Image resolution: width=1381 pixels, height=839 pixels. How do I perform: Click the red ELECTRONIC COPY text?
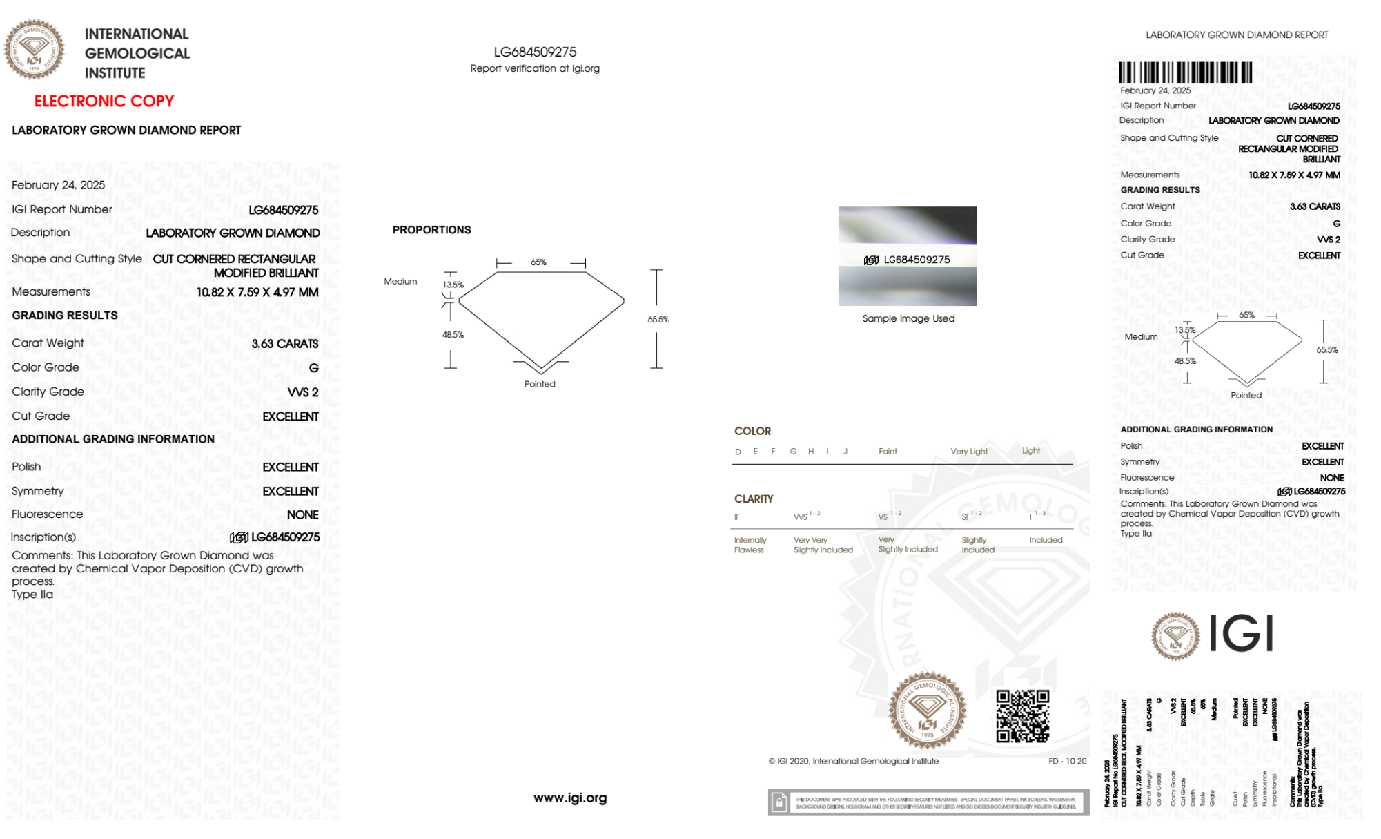[x=104, y=101]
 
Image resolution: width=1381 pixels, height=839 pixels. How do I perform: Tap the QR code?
[x=1022, y=716]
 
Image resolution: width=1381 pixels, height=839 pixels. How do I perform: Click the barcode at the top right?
[x=1185, y=73]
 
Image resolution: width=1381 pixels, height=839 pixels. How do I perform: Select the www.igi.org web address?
[x=570, y=798]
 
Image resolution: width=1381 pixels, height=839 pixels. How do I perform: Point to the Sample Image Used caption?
[x=908, y=318]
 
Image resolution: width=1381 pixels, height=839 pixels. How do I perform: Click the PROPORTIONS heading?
[x=431, y=230]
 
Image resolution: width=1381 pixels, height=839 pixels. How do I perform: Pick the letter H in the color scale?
[x=811, y=452]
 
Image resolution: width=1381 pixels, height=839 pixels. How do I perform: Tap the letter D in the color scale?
[x=738, y=452]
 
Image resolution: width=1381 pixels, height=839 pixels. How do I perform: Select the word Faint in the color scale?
[x=888, y=452]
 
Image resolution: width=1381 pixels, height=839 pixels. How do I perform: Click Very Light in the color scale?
[x=969, y=452]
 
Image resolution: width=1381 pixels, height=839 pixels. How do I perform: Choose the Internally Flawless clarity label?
[x=750, y=545]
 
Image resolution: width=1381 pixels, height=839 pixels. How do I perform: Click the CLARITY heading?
[x=754, y=499]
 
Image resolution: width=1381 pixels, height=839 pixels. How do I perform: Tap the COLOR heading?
[x=752, y=431]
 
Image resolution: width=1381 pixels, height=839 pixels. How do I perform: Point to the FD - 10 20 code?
[x=1067, y=761]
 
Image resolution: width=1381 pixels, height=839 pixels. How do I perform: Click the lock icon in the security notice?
[x=779, y=802]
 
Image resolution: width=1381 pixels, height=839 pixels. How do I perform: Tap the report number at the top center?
[x=535, y=52]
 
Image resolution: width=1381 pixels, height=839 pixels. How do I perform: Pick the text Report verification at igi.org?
[x=535, y=68]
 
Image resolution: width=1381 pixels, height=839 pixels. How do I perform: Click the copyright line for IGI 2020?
[x=854, y=761]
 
